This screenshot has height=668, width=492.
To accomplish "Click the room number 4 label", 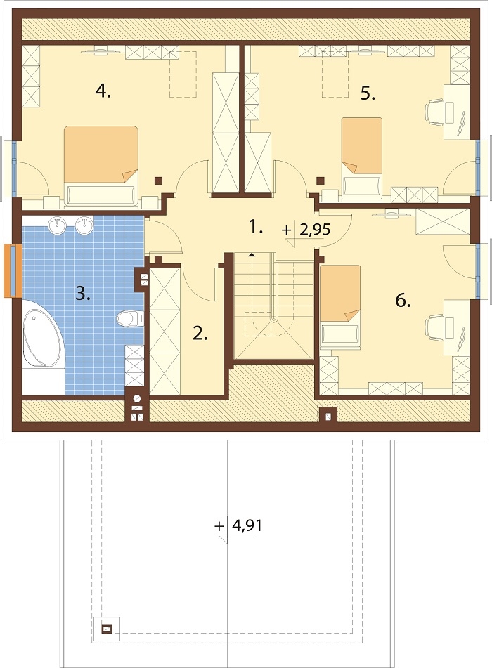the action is tap(103, 91).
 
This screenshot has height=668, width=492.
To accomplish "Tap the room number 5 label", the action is tap(368, 93).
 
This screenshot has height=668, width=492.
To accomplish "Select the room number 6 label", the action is tap(403, 301).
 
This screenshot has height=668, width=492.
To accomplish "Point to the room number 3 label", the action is tap(83, 293).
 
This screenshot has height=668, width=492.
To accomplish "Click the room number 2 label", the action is tap(200, 333).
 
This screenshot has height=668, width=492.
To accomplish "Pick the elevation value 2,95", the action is tap(315, 230).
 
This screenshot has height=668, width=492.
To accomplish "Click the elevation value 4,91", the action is tap(247, 525).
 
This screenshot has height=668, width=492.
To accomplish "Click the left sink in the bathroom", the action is tap(57, 225).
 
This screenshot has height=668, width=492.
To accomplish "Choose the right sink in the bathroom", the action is tap(84, 225).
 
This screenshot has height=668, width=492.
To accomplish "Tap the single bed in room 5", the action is tap(361, 158).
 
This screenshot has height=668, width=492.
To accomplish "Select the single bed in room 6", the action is tap(339, 306).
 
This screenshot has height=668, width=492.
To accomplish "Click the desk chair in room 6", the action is tap(435, 327).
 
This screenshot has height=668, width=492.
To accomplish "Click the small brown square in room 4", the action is tap(158, 181).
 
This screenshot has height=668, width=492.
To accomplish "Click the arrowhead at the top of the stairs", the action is tap(252, 255).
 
